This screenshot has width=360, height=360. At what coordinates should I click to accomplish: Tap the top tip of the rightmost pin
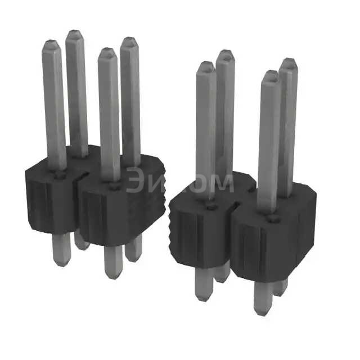289,62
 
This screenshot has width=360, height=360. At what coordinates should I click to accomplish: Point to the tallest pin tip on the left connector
74,33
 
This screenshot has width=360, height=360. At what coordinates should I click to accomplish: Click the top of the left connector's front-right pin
105,52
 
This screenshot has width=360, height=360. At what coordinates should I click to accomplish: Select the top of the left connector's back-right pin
129,41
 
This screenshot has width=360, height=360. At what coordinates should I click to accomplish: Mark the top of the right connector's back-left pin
225,54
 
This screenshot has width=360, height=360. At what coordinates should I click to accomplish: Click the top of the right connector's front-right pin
271,75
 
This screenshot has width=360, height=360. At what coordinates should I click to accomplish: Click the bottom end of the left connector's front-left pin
61,263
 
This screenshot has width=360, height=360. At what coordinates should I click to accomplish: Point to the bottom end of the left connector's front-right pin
113,274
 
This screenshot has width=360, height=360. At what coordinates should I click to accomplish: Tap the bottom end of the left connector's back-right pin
133,258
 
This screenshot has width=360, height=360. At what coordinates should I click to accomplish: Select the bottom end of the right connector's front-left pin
203,297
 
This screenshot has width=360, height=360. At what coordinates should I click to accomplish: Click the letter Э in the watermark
137,181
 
